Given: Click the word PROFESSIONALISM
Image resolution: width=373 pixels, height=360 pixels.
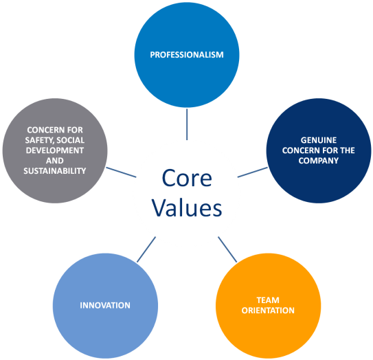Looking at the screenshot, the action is click(187, 55).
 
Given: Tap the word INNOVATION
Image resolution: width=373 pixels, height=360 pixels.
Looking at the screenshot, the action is click(105, 305).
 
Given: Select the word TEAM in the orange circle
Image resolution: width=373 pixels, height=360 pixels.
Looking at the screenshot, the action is click(268, 300).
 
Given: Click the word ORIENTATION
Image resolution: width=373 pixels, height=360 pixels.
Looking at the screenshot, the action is click(268, 311).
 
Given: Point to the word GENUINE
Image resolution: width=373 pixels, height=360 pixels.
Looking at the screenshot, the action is click(319, 140).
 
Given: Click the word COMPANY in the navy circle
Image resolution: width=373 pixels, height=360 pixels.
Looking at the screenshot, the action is click(319, 161).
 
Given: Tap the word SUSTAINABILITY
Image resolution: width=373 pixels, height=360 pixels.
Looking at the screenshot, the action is click(55, 171).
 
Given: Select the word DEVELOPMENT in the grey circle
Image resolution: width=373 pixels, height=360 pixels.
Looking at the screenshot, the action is click(55, 150).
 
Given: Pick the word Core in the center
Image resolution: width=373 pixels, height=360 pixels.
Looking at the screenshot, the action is click(187, 178).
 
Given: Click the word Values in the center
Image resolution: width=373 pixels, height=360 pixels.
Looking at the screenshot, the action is click(187, 207).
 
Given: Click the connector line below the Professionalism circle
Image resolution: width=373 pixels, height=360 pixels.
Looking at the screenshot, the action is click(187, 124).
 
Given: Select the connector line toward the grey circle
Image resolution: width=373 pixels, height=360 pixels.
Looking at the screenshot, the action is click(121, 172).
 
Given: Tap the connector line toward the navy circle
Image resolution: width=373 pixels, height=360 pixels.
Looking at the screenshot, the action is click(253, 172).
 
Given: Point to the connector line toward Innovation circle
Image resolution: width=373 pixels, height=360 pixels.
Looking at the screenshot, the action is click(146, 249).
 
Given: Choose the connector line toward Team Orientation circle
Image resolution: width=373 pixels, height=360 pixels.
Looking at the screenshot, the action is click(227, 249).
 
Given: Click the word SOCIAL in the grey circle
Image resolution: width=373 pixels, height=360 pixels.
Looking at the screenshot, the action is click(71, 140).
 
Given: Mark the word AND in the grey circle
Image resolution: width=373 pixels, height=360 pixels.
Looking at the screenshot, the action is click(55, 161).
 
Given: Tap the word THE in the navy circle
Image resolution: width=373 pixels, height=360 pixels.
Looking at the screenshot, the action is click(348, 150).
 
